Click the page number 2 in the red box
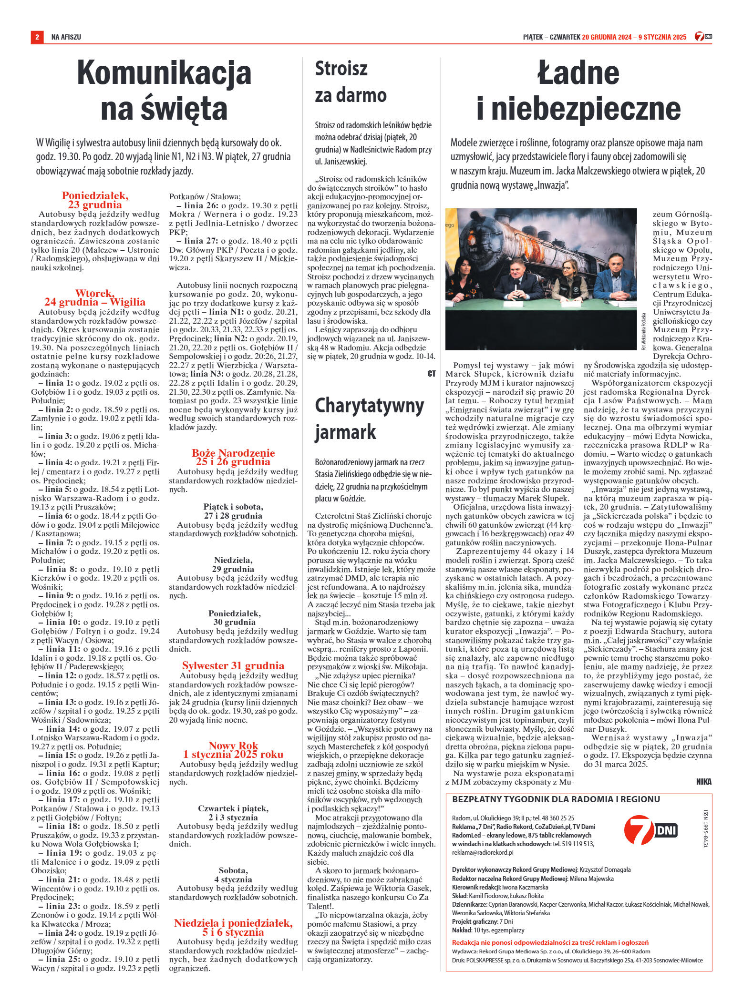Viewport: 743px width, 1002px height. tap(37, 37)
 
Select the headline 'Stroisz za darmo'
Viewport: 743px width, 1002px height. tap(351, 82)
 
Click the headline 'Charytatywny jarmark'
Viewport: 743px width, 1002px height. tap(369, 419)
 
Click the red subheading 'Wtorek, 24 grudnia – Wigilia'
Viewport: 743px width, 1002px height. tap(95, 297)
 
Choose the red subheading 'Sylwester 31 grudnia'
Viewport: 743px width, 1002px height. tap(233, 666)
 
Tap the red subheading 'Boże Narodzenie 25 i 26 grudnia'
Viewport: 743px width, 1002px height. tap(233, 457)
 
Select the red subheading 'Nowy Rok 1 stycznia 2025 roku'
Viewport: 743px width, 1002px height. tap(233, 750)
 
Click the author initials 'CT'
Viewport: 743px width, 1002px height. tap(431, 374)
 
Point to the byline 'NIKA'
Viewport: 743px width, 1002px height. tap(703, 781)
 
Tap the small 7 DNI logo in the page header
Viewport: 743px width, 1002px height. tap(703, 37)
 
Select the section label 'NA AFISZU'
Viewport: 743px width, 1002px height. tap(66, 37)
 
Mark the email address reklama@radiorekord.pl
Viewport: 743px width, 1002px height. tap(483, 852)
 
